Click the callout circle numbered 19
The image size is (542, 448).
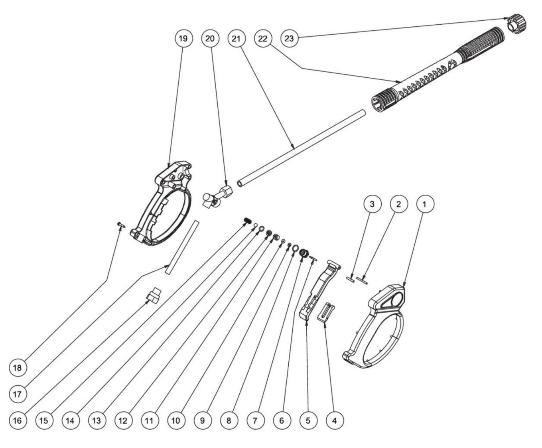click(x=183, y=38)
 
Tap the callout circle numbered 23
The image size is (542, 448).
click(x=289, y=38)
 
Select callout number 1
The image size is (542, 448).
click(x=425, y=204)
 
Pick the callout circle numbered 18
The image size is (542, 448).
click(x=18, y=368)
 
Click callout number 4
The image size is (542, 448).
click(x=335, y=420)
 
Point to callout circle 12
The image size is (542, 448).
click(x=123, y=420)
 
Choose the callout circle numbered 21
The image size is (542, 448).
click(x=236, y=38)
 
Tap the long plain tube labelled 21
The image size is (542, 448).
click(x=301, y=148)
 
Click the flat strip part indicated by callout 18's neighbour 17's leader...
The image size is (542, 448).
click(x=182, y=247)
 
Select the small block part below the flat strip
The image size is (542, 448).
click(x=154, y=296)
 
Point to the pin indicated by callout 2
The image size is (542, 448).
click(x=362, y=280)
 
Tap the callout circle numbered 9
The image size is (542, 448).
click(x=203, y=420)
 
